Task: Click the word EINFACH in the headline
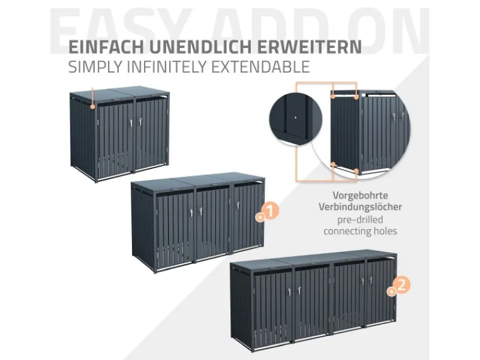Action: click(106, 47)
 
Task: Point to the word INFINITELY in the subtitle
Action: click(167, 67)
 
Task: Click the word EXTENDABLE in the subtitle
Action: click(260, 67)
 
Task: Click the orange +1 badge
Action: click(268, 211)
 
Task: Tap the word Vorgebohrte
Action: click(361, 196)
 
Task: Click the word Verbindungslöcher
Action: click(361, 207)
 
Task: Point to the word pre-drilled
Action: click(361, 220)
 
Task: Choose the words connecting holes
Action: click(361, 231)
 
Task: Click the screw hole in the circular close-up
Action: click(295, 117)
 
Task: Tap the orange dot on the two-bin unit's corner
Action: click(92, 107)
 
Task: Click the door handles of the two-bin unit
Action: click(135, 122)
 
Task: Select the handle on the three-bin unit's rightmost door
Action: click(238, 205)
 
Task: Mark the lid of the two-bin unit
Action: click(119, 94)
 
